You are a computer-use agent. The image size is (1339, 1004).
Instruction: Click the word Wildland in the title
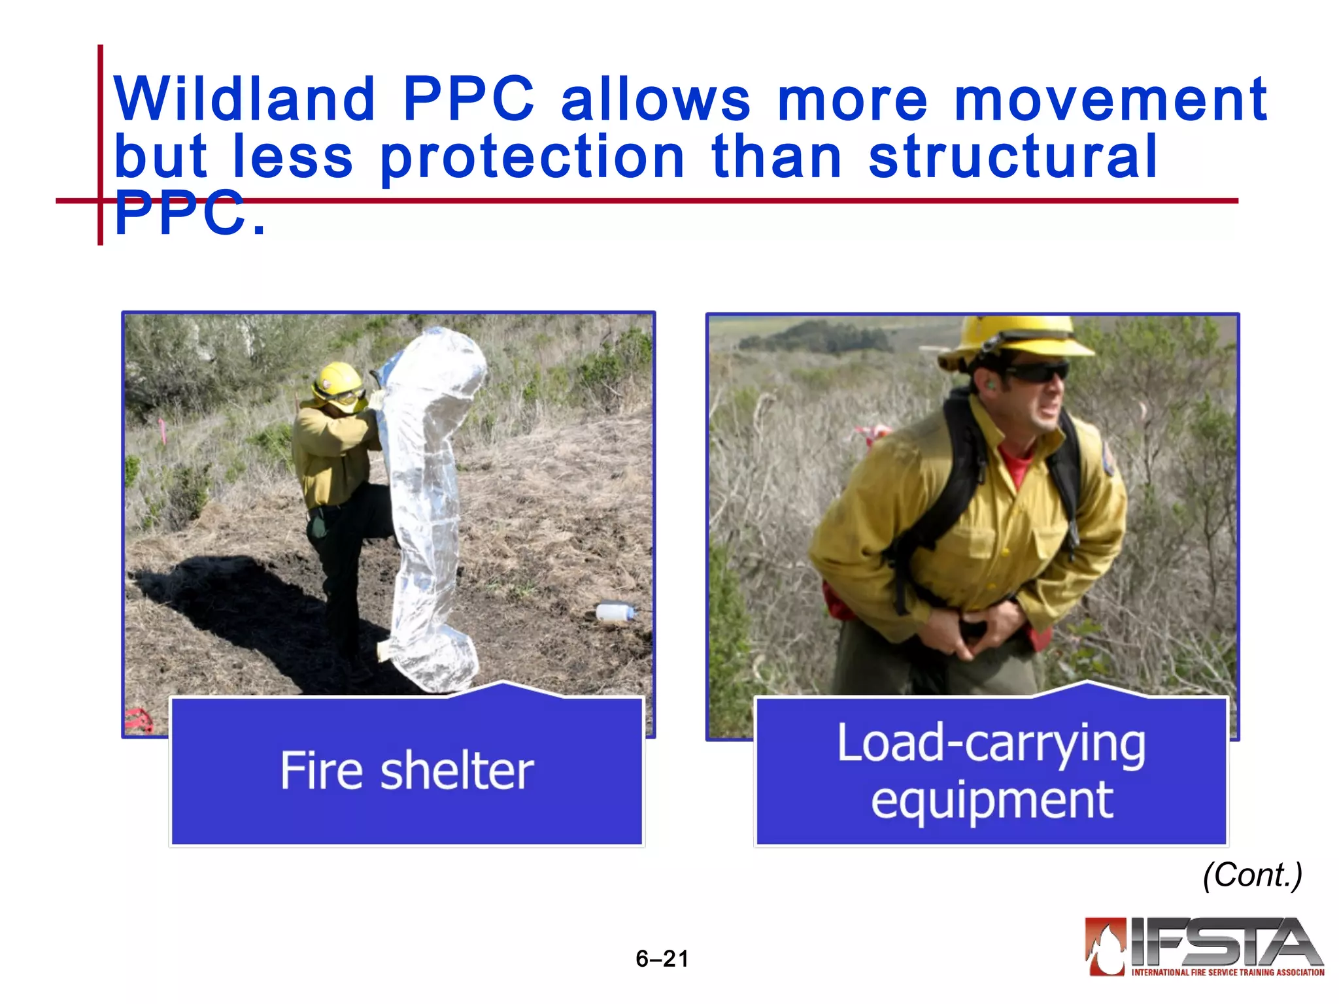[244, 99]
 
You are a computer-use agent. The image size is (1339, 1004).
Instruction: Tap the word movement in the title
[1110, 99]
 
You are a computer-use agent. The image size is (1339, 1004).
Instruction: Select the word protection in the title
[532, 157]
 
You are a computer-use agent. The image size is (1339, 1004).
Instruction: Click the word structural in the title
[1013, 157]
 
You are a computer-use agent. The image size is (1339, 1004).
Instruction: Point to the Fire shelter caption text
[407, 771]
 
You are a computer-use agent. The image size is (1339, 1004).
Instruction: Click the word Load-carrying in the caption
[991, 743]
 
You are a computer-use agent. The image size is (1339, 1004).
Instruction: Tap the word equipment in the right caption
[991, 799]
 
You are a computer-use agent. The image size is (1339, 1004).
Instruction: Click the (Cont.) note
[1252, 875]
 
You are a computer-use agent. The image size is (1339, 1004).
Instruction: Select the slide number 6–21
[662, 959]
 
